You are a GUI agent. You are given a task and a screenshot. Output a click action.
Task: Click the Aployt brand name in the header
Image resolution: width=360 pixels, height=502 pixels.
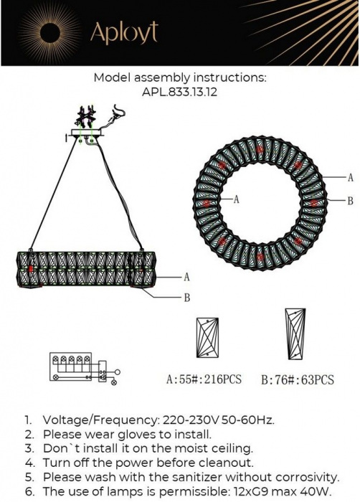click(x=124, y=32)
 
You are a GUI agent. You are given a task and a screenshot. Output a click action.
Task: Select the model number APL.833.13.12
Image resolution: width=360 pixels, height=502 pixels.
click(x=179, y=93)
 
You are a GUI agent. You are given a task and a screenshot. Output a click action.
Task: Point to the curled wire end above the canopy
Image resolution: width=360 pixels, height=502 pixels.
click(x=119, y=112)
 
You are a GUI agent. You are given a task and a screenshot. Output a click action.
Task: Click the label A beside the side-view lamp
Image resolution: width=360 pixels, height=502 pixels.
click(x=186, y=277)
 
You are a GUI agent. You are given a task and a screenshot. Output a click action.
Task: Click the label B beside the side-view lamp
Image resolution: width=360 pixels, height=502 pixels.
click(x=187, y=298)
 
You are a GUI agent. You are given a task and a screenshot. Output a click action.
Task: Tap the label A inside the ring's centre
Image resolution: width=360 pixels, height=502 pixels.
click(x=237, y=199)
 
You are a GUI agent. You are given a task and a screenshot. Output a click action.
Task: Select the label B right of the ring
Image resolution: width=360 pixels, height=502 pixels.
click(x=351, y=201)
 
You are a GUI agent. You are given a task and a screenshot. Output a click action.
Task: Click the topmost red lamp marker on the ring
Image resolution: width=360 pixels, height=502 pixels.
click(x=260, y=149)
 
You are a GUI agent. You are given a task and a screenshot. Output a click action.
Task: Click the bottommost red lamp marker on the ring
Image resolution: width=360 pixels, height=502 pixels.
click(x=260, y=257)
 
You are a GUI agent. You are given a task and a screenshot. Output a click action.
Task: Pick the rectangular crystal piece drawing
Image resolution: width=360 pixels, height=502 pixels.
click(x=207, y=338)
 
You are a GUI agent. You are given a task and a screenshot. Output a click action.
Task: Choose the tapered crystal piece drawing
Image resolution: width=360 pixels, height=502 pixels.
click(x=295, y=333)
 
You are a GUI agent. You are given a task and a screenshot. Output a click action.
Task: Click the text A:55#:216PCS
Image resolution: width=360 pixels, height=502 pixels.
click(x=204, y=379)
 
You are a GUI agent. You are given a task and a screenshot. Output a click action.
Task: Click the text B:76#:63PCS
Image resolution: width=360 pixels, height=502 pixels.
click(x=298, y=379)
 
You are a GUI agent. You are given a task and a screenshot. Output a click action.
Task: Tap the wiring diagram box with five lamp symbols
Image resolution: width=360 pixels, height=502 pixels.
click(x=70, y=366)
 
